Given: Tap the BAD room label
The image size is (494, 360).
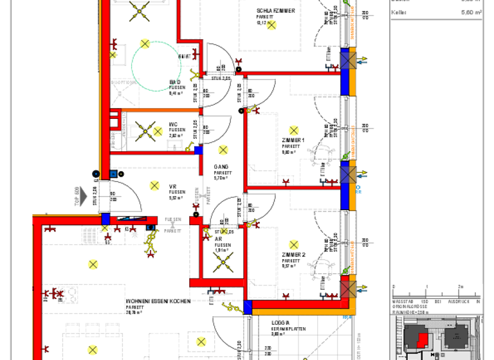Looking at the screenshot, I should [x=176, y=82].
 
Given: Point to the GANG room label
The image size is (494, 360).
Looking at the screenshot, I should [x=221, y=166].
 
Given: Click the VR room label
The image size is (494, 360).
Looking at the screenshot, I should [x=173, y=186].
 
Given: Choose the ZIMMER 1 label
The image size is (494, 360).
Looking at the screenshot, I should [x=293, y=140].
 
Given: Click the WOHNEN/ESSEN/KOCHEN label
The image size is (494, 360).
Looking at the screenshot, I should [x=158, y=301].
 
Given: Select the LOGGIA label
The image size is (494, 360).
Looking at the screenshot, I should [x=281, y=323].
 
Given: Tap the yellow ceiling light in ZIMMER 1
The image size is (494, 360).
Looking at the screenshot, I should [x=294, y=130].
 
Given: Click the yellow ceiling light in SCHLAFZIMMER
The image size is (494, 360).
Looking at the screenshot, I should [x=271, y=25].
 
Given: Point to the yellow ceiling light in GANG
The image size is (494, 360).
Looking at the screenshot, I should [x=223, y=150].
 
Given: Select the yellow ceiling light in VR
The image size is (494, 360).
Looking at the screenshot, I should [x=154, y=186].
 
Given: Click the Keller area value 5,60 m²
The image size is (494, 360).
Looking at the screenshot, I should [x=472, y=12].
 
